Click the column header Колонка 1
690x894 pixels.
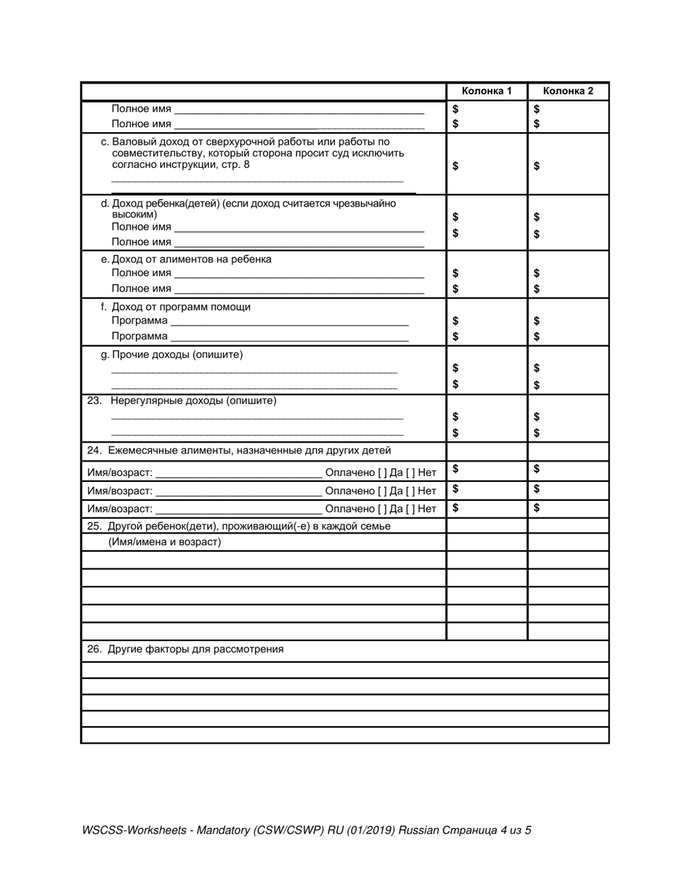[x=487, y=92]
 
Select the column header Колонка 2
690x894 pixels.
[x=568, y=92]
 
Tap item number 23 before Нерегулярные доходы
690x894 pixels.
[x=94, y=401]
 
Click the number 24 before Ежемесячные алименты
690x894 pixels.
[x=94, y=451]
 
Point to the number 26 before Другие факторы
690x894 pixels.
[x=94, y=650]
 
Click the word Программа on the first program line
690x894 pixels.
[x=139, y=321]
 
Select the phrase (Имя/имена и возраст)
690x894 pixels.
[x=165, y=542]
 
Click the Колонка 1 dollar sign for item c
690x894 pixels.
[x=455, y=166]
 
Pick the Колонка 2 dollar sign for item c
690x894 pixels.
[x=537, y=166]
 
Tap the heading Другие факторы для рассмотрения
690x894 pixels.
[x=195, y=650]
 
